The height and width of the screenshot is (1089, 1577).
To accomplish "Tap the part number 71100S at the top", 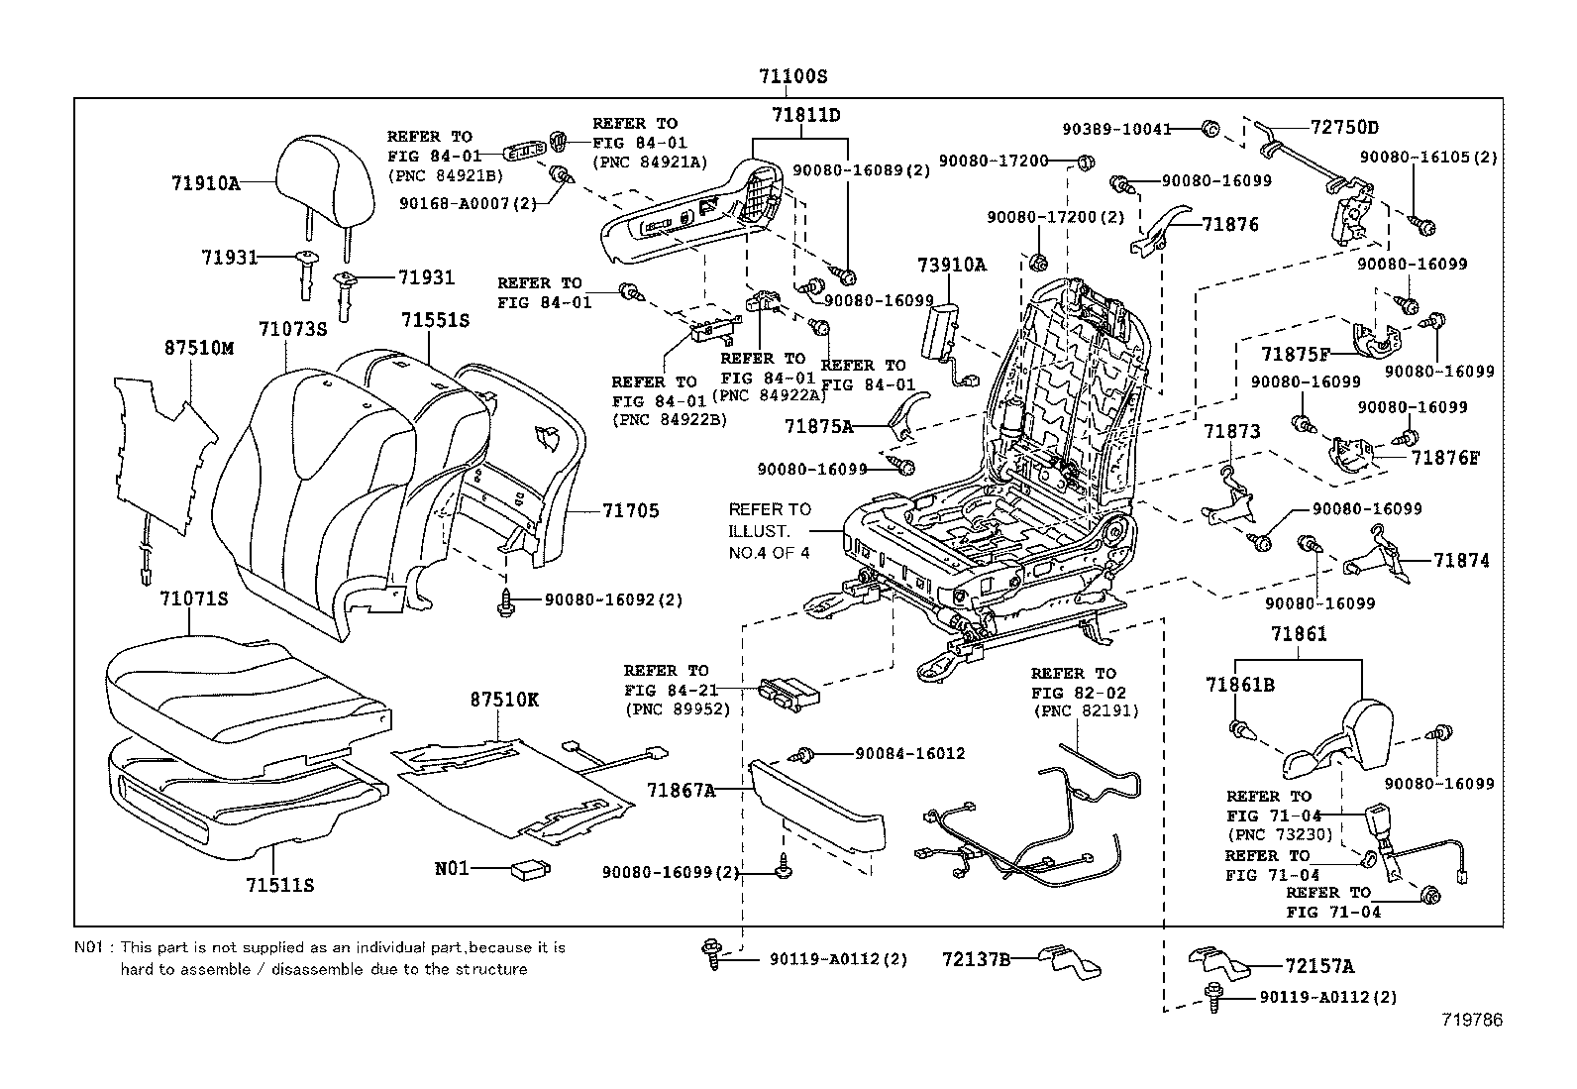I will pos(792,76).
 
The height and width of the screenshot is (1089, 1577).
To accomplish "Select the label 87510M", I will pos(198,348).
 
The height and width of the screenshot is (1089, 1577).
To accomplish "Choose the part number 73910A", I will pos(951,265).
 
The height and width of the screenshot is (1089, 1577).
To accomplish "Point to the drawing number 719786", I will pos(1473,1020).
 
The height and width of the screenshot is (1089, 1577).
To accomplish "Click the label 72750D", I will pos(1344,128).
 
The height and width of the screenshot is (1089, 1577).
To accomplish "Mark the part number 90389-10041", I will pos(1116,129).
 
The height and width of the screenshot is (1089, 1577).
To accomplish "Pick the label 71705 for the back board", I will pos(630,511).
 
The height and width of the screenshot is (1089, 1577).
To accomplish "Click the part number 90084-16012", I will pos(909,753).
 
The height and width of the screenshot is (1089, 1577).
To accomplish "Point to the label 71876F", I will pos(1445,458).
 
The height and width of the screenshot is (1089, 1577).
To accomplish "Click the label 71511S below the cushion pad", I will pos(279,884).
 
